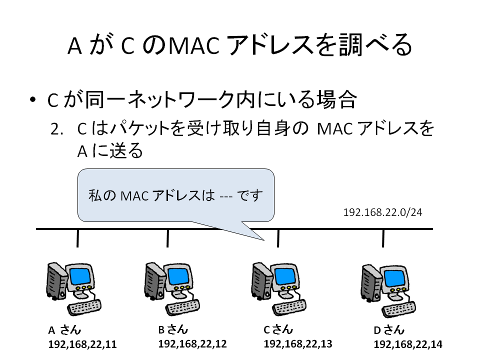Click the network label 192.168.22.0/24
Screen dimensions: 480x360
[382, 212]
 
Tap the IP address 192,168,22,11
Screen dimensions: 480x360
[82, 344]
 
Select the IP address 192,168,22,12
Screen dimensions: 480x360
[192, 344]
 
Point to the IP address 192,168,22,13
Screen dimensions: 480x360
[298, 344]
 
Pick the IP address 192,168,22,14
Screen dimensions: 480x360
[408, 344]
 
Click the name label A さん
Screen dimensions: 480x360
[64, 330]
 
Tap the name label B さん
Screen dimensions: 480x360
[173, 329]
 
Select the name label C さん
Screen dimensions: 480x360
[278, 329]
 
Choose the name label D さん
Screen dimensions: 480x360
[389, 330]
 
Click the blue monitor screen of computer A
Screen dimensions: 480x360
[80, 276]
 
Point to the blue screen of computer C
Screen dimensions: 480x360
[285, 276]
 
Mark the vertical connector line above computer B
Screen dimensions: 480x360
[168, 238]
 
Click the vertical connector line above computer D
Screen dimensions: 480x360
[383, 238]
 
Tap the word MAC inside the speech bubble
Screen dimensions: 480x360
[134, 196]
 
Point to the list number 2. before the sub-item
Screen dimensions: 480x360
[56, 129]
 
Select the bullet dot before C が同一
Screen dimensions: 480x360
[33, 99]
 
